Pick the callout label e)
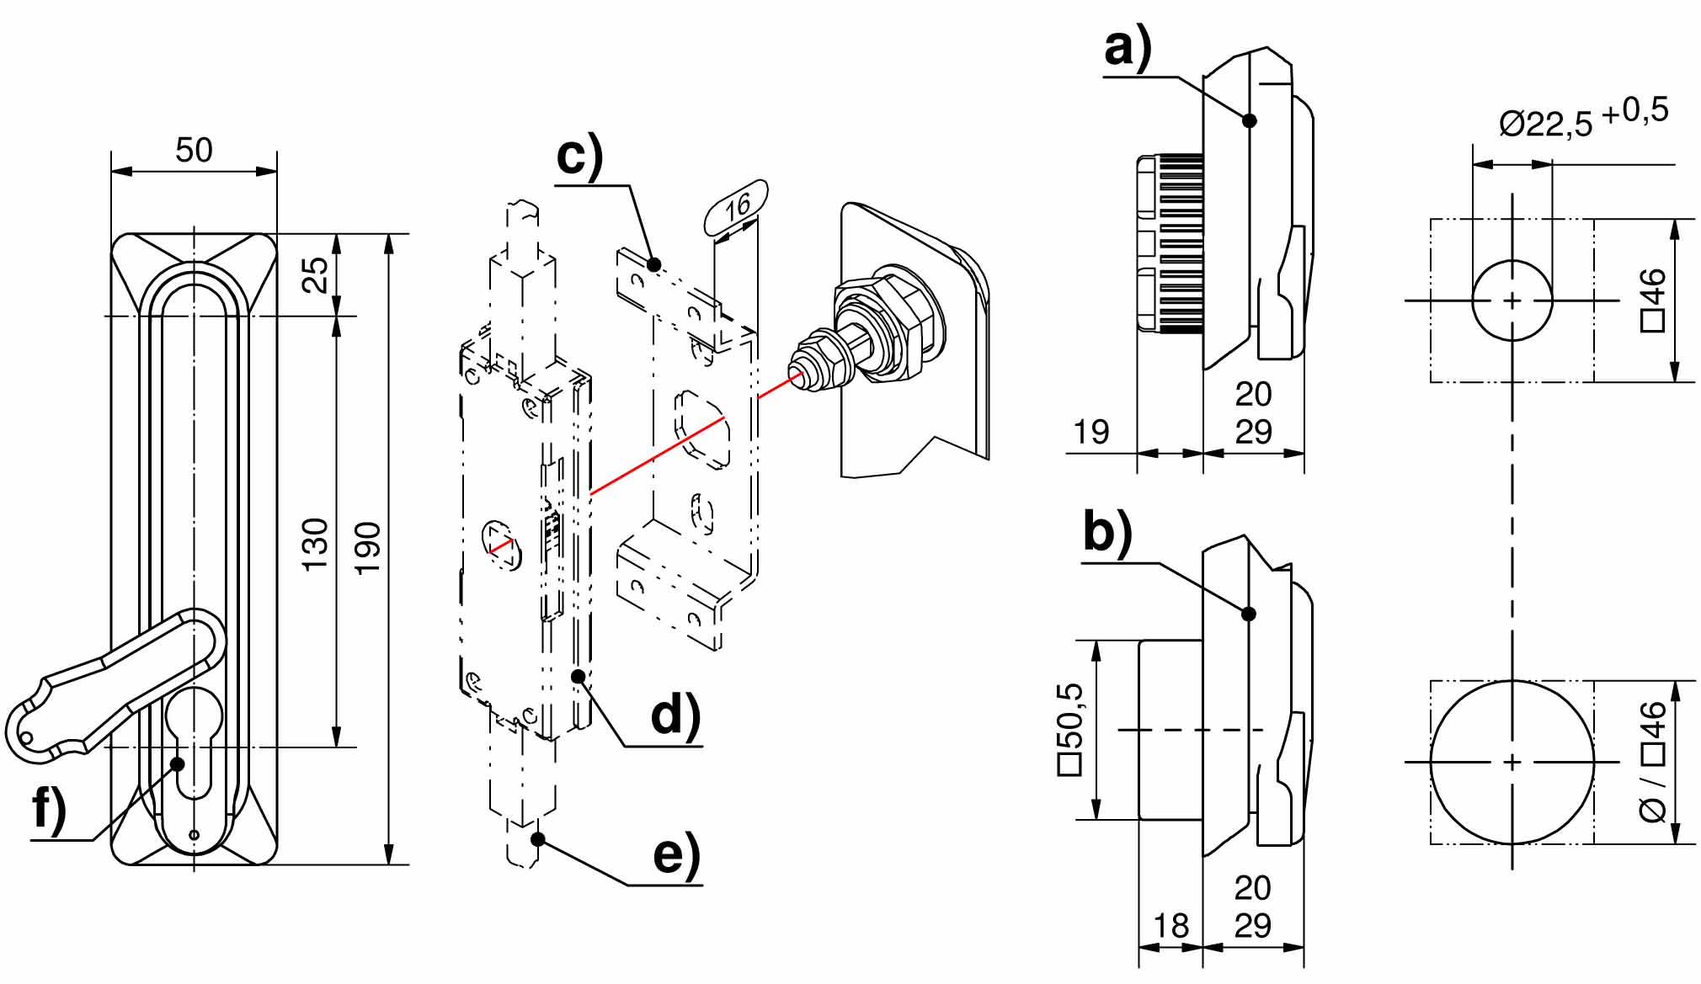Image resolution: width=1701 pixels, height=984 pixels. pos(676,856)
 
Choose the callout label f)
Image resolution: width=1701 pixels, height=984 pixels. pos(49,810)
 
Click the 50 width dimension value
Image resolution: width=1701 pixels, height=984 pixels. pos(194,150)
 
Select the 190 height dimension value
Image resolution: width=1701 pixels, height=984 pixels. pos(368,548)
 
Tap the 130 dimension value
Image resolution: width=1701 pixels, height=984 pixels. pos(315,544)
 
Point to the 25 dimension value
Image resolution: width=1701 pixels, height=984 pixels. pos(315,274)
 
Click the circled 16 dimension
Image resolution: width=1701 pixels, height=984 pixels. pos(737,205)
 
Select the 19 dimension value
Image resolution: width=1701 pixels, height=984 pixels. pos(1091,433)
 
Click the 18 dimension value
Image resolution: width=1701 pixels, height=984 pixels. pos(1170,926)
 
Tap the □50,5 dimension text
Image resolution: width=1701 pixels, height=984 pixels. pos(1069,729)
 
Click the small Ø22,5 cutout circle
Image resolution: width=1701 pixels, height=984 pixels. pos(1512,300)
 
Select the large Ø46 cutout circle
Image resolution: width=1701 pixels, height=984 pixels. pos(1512,762)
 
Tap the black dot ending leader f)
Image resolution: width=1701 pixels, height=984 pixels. pos(178,763)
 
